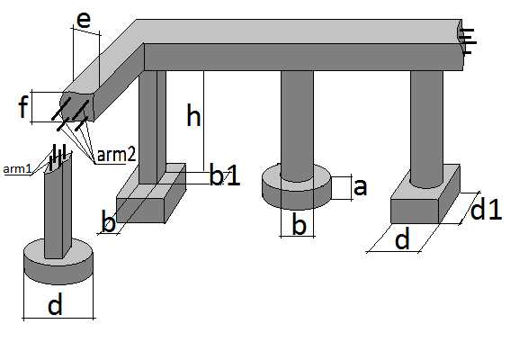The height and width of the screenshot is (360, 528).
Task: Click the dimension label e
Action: click(x=84, y=21)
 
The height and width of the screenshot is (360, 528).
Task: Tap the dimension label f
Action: click(x=22, y=106)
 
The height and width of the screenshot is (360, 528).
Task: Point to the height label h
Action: click(x=193, y=115)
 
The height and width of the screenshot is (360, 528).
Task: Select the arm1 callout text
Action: click(x=17, y=169)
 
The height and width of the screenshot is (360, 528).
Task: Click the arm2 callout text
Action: click(x=116, y=155)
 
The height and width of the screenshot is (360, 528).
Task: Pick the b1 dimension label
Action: click(x=225, y=175)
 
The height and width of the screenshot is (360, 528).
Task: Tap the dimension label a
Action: click(x=360, y=187)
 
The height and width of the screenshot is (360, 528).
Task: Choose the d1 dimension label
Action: click(x=486, y=210)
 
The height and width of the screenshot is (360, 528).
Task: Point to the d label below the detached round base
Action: click(x=55, y=304)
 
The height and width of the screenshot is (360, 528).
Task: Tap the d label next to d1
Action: click(x=402, y=238)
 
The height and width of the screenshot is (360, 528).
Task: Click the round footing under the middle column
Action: click(x=297, y=186)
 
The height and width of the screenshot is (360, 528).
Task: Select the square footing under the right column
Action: click(x=425, y=194)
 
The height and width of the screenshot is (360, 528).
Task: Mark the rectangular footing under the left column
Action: click(x=151, y=193)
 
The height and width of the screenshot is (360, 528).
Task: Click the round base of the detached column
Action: click(x=58, y=261)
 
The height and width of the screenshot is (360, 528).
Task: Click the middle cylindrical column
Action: click(x=297, y=126)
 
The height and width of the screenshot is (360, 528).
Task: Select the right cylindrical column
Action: click(x=426, y=129)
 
